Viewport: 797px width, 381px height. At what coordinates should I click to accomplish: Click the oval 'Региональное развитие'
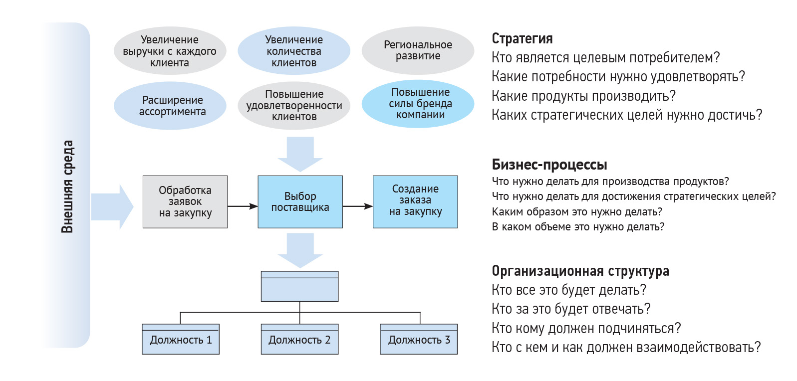pos(418,50)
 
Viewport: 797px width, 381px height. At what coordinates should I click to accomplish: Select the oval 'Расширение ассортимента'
pos(170,106)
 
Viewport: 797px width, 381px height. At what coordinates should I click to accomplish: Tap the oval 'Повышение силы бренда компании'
pos(418,104)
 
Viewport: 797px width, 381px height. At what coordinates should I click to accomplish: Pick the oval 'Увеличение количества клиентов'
pos(294,51)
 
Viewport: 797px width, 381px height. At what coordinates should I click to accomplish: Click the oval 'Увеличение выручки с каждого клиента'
pos(170,51)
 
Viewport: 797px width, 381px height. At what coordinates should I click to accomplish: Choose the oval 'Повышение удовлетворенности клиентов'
pos(294,105)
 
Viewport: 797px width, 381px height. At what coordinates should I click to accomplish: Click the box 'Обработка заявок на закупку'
pos(185,202)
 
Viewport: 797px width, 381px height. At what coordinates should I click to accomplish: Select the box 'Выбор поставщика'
pos(300,202)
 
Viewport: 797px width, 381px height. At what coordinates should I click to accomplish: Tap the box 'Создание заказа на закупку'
pos(415,202)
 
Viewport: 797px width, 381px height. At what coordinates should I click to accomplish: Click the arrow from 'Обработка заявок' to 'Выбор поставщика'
pos(243,206)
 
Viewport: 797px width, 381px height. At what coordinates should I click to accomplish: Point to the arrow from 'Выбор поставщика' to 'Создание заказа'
pos(358,206)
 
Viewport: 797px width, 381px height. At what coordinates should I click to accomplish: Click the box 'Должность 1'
pos(181,340)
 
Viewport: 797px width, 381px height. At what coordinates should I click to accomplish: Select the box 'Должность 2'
pos(299,340)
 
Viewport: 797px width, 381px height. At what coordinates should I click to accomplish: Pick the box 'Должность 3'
pos(419,340)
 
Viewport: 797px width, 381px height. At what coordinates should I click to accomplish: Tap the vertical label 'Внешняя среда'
pos(67,187)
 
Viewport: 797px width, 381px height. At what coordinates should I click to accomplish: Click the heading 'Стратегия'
pos(522,38)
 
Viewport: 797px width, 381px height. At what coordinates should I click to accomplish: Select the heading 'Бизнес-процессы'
pos(549,165)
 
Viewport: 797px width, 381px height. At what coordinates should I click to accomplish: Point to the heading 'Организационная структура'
pos(580,271)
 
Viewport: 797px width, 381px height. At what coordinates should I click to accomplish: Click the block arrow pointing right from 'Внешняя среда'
pos(112,206)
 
